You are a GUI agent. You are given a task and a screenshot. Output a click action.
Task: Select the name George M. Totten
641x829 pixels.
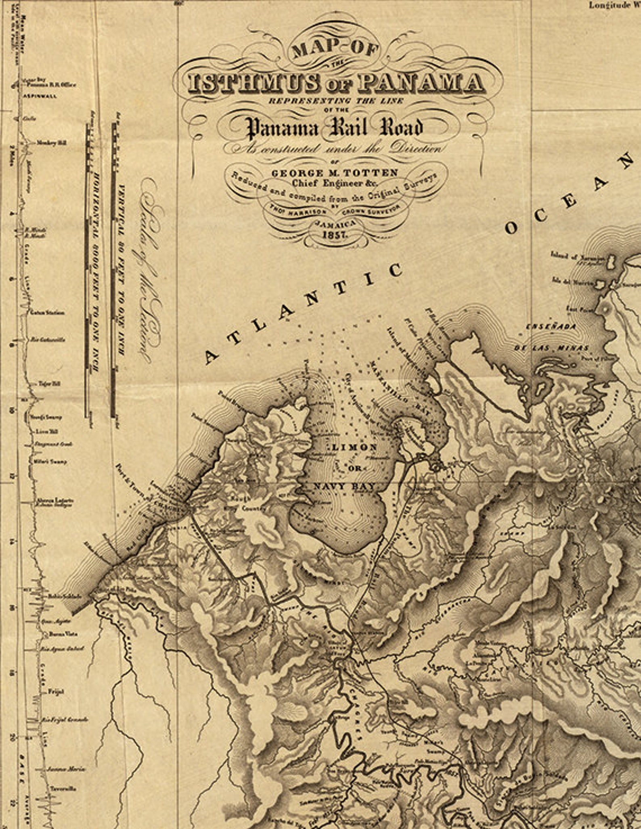[335, 173]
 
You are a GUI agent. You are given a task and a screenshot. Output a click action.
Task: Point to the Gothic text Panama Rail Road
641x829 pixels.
[335, 128]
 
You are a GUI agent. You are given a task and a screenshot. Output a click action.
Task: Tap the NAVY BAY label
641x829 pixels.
[344, 487]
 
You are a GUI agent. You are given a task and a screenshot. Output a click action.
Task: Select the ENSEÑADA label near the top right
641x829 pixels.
[551, 327]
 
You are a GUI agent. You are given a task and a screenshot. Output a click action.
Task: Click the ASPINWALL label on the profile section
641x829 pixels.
[40, 96]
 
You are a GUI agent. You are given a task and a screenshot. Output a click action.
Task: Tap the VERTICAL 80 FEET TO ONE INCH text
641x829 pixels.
[121, 271]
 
